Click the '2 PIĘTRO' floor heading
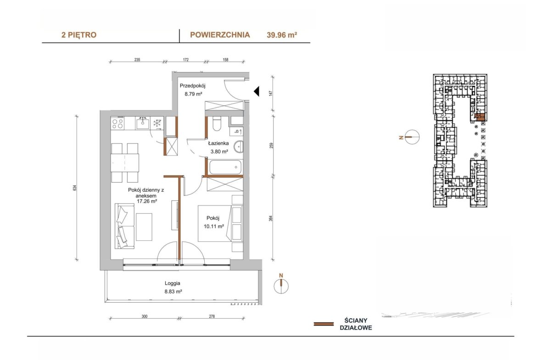point(79,35)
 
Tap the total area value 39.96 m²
point(281,35)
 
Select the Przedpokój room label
point(192,86)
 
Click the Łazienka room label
point(218,144)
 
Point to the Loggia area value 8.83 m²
point(173,292)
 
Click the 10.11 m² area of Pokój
point(214,226)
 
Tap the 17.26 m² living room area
point(147,202)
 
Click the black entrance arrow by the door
point(257,91)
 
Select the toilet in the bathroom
point(217,124)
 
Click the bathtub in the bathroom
point(225,167)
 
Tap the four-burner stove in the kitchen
point(117,123)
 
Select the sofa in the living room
point(124,226)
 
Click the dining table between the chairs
point(125,163)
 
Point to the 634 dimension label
point(75,188)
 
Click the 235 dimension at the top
point(137,60)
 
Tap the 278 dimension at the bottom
point(212,316)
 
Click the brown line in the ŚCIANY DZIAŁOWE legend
point(324,324)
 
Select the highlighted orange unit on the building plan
point(481,117)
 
